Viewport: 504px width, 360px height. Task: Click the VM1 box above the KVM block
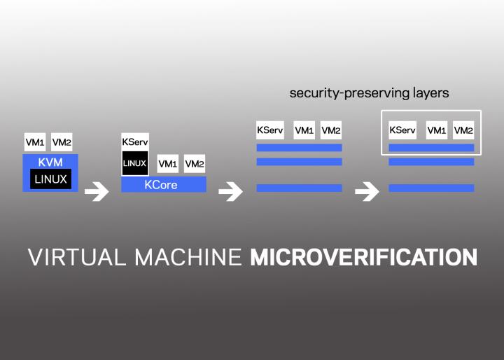pos(34,142)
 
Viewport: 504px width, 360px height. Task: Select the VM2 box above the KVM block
pos(62,142)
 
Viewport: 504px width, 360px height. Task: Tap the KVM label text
pos(50,161)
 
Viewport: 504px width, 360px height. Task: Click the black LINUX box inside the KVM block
pos(50,179)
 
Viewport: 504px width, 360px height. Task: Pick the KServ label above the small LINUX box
pos(134,141)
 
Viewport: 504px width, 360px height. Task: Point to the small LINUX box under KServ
pos(134,163)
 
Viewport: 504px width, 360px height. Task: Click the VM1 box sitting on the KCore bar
pos(168,164)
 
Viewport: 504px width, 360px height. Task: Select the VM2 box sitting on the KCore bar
pos(195,164)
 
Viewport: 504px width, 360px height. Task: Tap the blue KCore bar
pos(164,185)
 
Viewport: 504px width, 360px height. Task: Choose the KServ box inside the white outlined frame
pos(402,130)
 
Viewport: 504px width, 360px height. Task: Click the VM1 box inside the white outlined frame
pos(437,130)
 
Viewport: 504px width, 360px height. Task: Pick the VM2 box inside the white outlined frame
pos(463,130)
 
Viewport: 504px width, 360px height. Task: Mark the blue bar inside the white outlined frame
pos(431,148)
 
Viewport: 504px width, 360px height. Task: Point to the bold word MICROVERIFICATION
pos(364,257)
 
